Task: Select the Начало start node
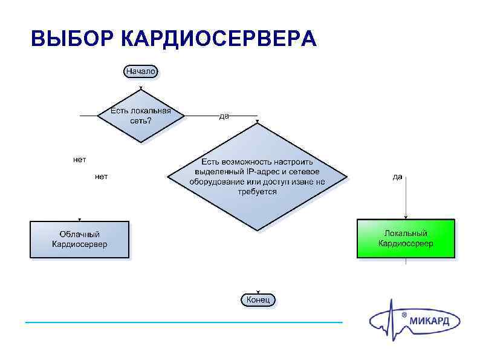(141, 71)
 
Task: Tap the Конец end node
(259, 299)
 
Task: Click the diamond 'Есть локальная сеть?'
(141, 116)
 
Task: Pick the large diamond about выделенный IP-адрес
(258, 177)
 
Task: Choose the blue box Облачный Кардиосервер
(80, 240)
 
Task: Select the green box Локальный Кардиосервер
(406, 238)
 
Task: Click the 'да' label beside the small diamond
(224, 116)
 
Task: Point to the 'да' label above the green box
(397, 177)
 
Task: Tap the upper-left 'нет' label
(79, 160)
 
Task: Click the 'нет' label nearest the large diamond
(101, 177)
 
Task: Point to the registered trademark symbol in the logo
(404, 315)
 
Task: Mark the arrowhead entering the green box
(406, 217)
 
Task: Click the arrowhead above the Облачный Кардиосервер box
(80, 220)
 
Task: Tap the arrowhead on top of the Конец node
(259, 292)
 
